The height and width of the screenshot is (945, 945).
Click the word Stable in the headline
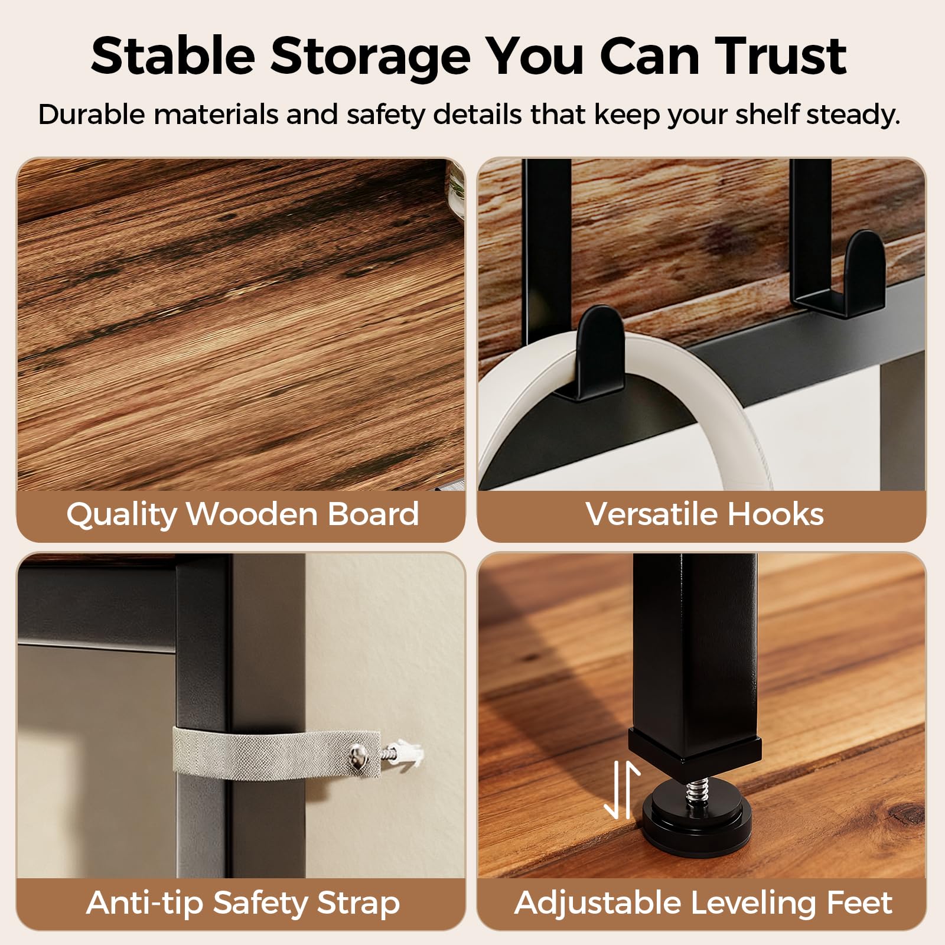(x=173, y=56)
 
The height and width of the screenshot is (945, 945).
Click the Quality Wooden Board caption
(x=243, y=514)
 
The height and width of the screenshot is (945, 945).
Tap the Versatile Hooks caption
(x=704, y=514)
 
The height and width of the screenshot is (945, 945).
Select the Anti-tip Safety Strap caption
(x=243, y=903)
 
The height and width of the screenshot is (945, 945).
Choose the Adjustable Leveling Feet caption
(x=703, y=903)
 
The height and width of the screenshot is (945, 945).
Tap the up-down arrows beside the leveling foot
(x=621, y=790)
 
